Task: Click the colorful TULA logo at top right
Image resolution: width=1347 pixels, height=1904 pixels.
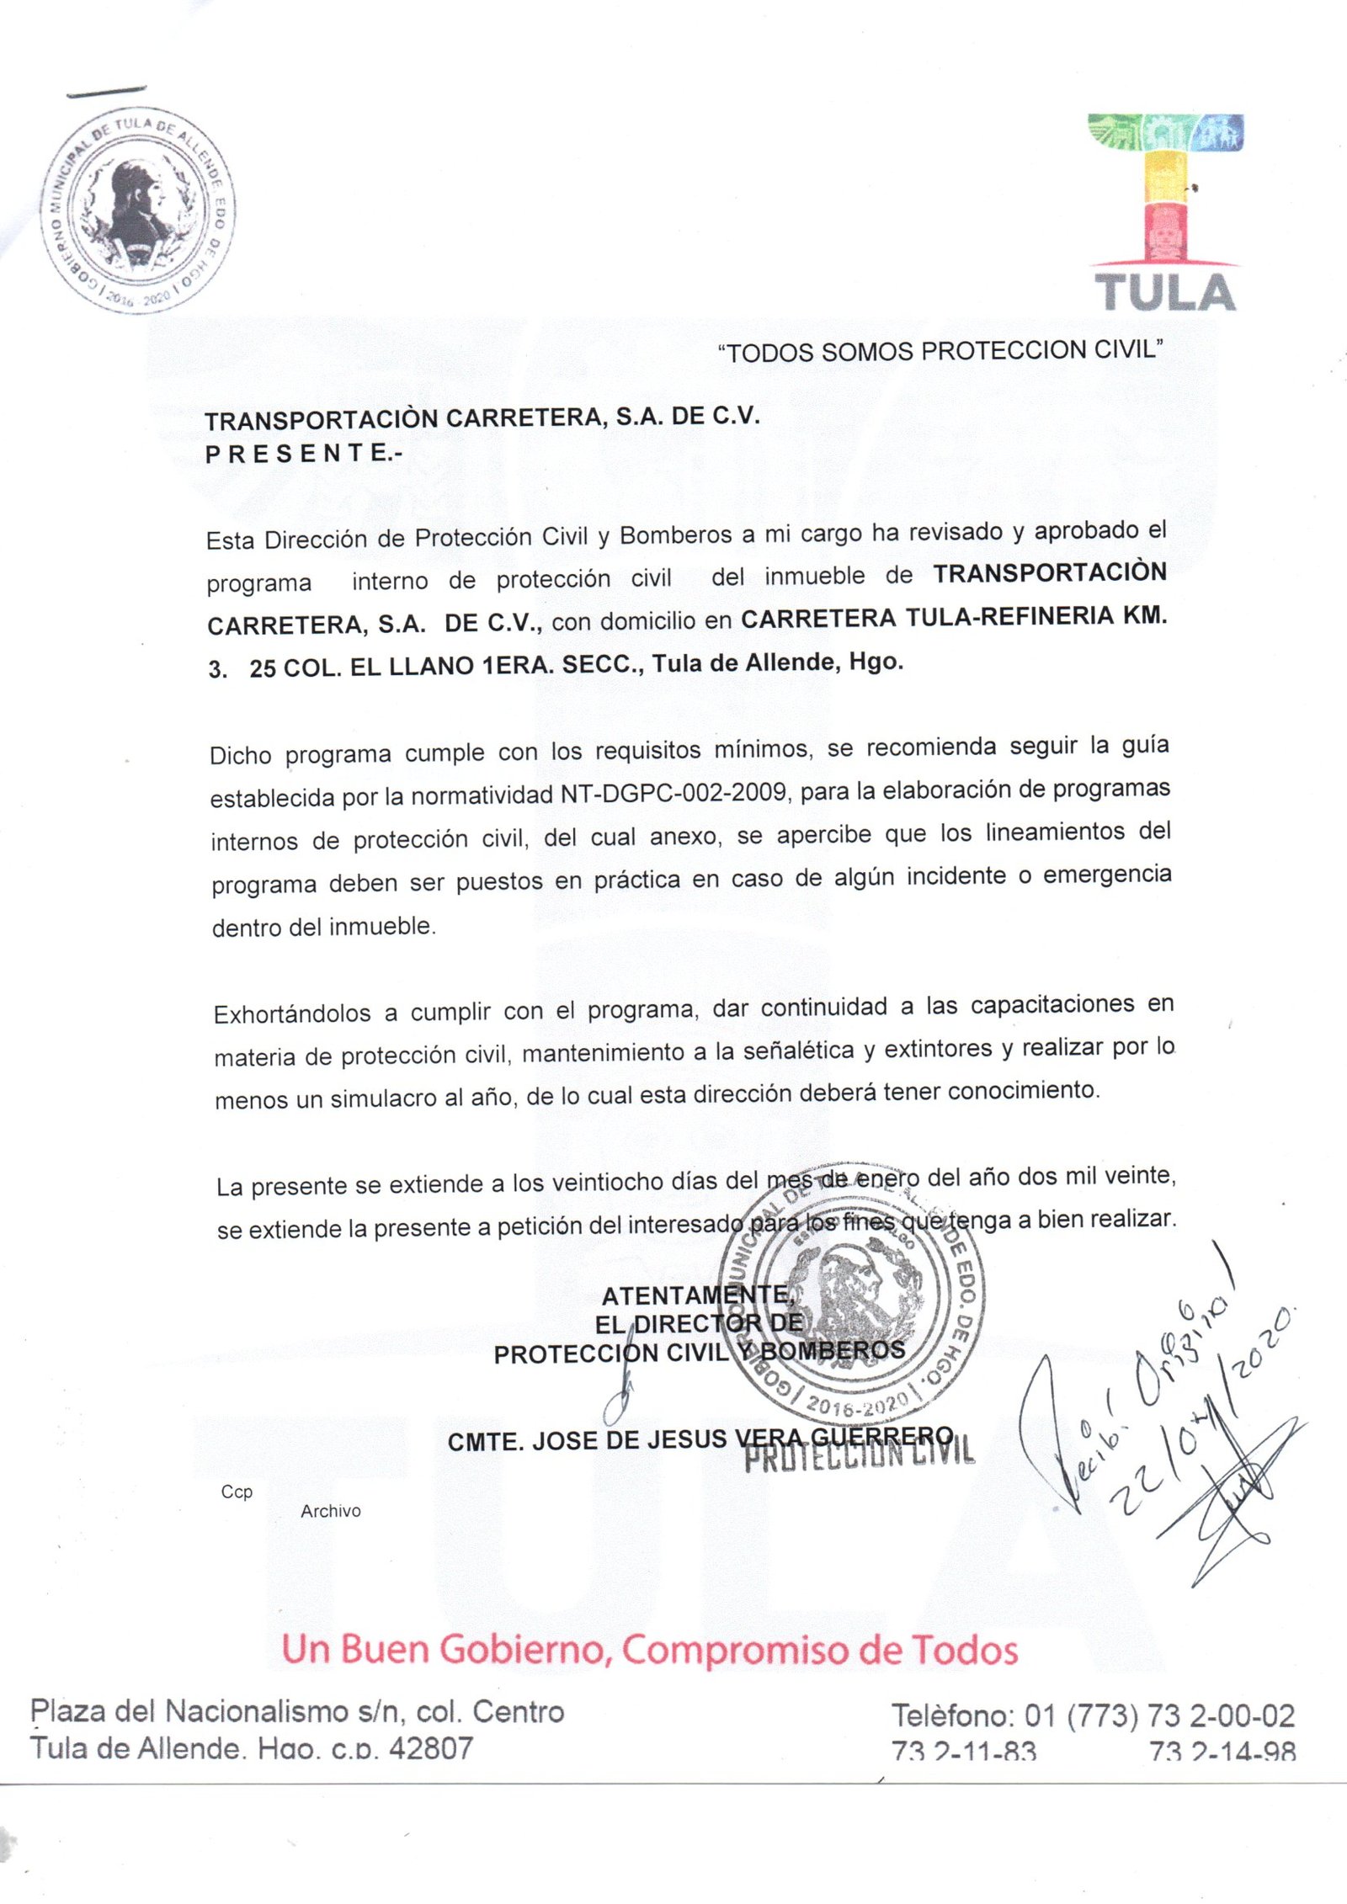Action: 1165,212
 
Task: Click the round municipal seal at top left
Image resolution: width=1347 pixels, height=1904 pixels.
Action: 140,211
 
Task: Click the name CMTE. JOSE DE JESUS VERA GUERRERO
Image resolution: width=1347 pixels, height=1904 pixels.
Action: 700,1439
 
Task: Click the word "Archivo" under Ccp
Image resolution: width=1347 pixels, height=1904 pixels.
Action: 330,1510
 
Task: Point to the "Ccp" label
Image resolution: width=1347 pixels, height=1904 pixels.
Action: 237,1492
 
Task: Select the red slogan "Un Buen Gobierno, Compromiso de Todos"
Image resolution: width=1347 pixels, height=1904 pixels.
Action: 649,1649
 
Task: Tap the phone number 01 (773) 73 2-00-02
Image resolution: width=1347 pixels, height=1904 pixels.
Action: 1159,1715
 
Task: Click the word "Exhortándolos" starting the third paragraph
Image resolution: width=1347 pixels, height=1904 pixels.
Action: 292,1013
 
